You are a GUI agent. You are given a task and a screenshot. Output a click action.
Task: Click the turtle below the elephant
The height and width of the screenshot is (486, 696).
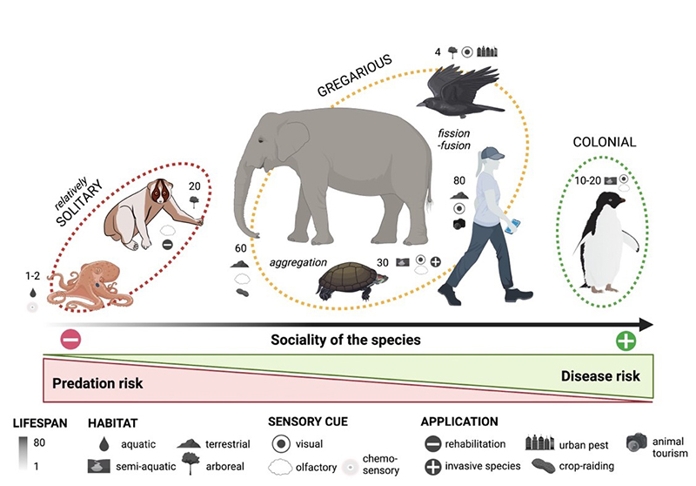point(352,280)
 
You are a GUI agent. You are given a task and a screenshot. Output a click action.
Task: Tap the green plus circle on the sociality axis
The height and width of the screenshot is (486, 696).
point(625,341)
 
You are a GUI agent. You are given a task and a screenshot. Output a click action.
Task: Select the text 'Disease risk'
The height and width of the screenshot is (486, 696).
point(600,376)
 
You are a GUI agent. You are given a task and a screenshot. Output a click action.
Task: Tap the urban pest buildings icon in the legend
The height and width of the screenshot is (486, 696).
point(545,444)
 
